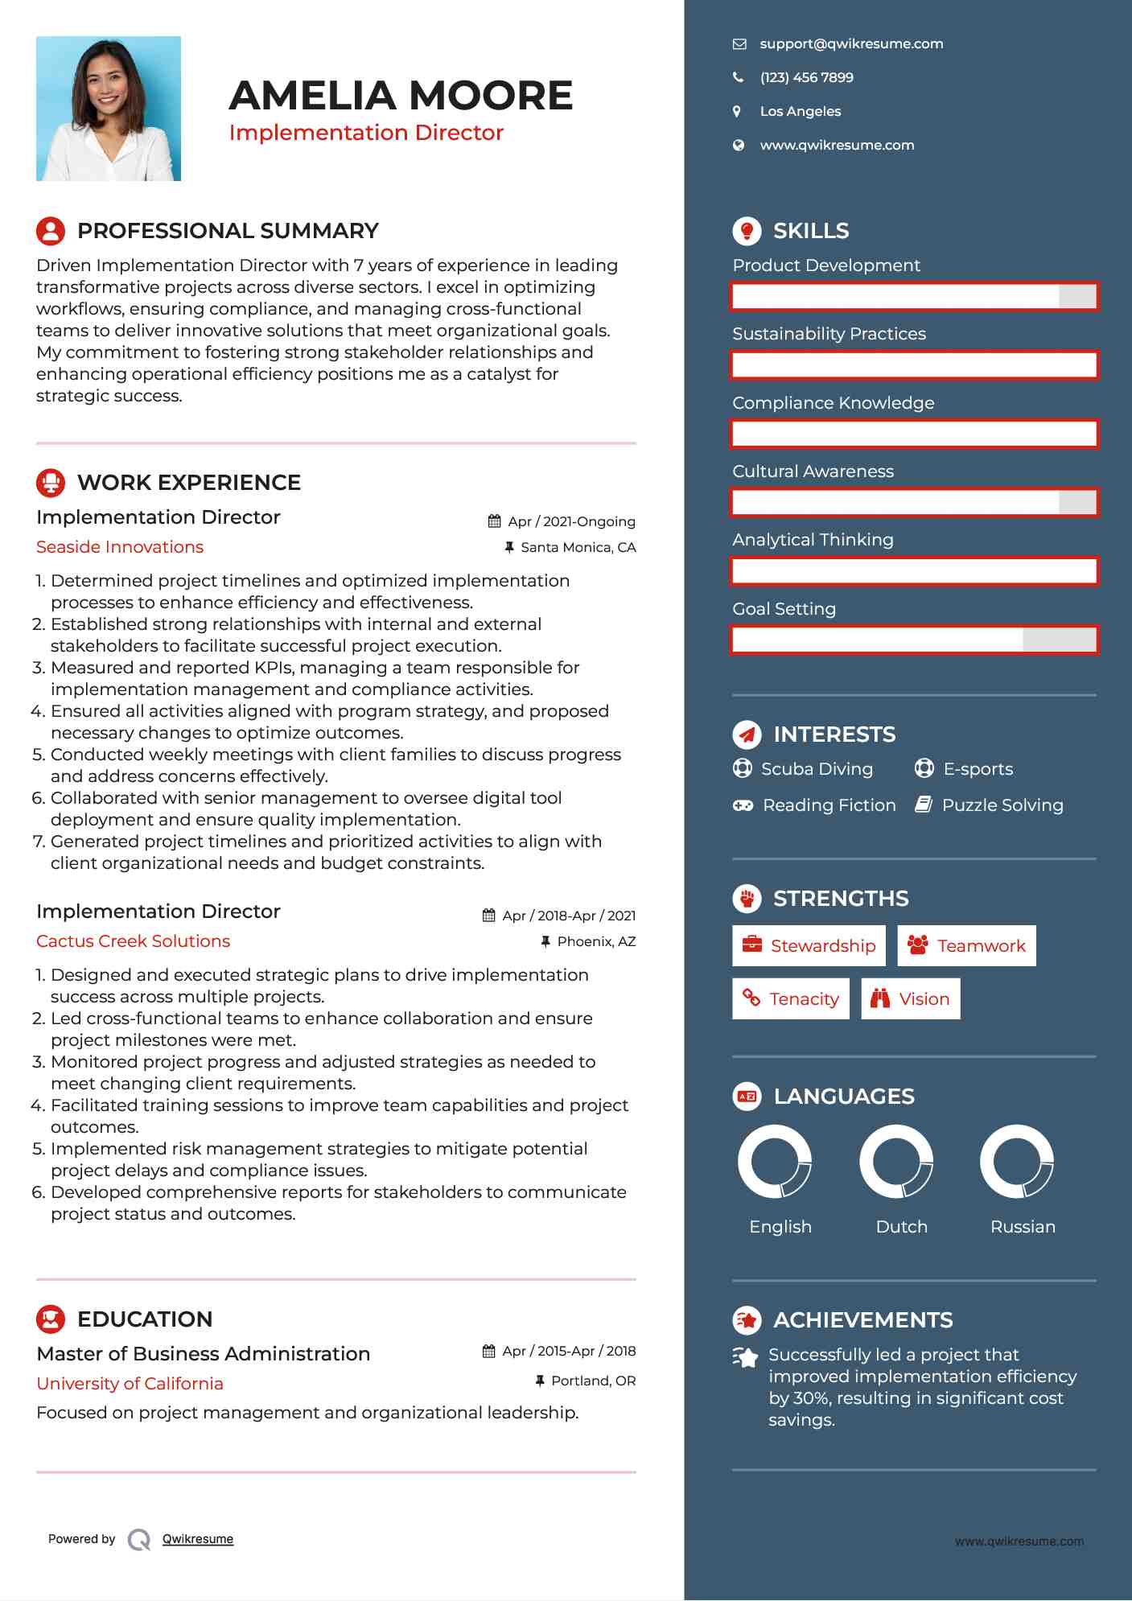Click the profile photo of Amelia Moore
pyautogui.click(x=109, y=109)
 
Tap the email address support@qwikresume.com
pyautogui.click(x=851, y=44)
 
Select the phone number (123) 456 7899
pyautogui.click(x=806, y=78)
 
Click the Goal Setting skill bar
pyautogui.click(x=914, y=640)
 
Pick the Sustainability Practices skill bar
pyautogui.click(x=914, y=365)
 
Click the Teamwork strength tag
pyautogui.click(x=966, y=946)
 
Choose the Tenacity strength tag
pyautogui.click(x=791, y=999)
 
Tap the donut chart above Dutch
pyautogui.click(x=895, y=1162)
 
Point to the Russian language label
pyautogui.click(x=1023, y=1227)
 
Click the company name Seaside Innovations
pyautogui.click(x=120, y=547)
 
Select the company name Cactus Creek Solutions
pyautogui.click(x=133, y=941)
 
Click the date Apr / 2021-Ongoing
pyautogui.click(x=571, y=522)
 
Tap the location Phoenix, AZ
pyautogui.click(x=596, y=942)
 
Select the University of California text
pyautogui.click(x=130, y=1384)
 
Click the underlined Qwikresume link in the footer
pyautogui.click(x=198, y=1539)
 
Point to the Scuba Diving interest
pyautogui.click(x=817, y=769)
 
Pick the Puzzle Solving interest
pyautogui.click(x=1002, y=805)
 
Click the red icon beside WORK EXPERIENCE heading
pyautogui.click(x=51, y=483)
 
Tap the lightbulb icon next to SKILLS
pyautogui.click(x=747, y=231)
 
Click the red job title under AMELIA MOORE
pyautogui.click(x=366, y=133)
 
